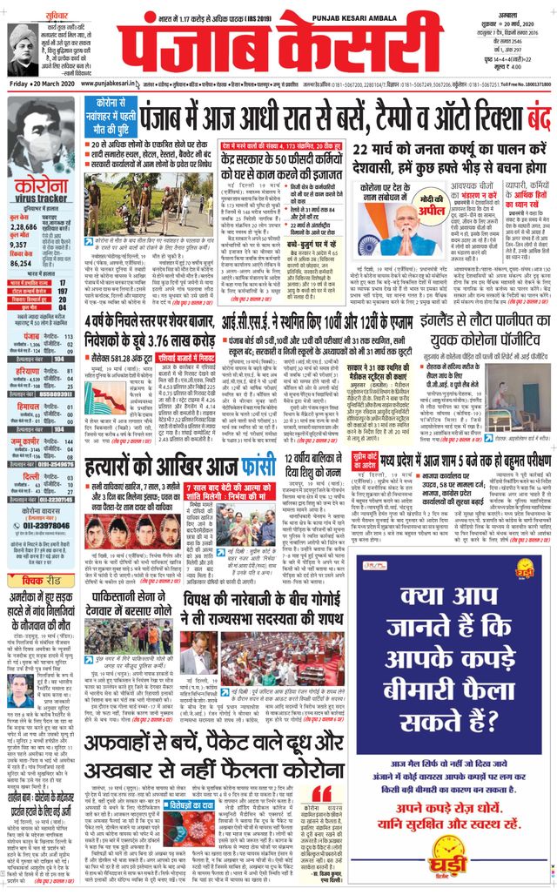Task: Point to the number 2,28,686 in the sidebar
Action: (x=23, y=226)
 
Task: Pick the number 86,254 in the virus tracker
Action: (x=23, y=263)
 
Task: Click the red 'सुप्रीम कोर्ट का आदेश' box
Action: (x=365, y=457)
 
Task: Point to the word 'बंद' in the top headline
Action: (x=531, y=114)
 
